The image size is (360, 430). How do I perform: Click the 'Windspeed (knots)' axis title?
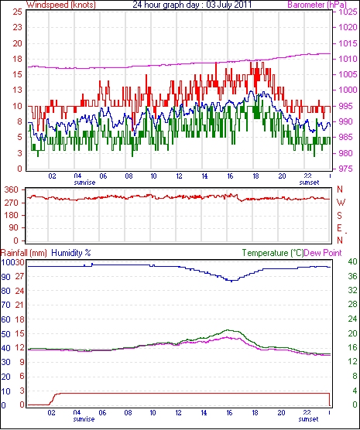tap(61, 5)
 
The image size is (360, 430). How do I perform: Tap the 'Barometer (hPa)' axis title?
tap(317, 5)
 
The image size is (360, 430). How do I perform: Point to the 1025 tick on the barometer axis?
tap(348, 12)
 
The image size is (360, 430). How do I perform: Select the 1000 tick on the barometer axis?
tap(348, 90)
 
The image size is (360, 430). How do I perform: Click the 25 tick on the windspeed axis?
tap(17, 12)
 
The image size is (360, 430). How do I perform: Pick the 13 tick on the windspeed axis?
tap(17, 90)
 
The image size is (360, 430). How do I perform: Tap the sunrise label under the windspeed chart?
tap(84, 183)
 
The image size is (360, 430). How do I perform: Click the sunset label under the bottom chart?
tap(308, 419)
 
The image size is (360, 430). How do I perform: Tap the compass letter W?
tap(341, 203)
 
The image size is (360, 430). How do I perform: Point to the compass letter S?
tap(340, 216)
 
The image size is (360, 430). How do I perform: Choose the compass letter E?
tap(340, 228)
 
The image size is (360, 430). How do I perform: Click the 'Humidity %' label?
tap(71, 253)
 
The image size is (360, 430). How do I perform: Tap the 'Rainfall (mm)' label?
tap(24, 253)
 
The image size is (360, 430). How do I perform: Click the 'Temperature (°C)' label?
tap(273, 253)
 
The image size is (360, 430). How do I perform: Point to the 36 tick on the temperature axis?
tap(352, 276)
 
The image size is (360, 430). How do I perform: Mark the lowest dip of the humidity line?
tap(231, 281)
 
